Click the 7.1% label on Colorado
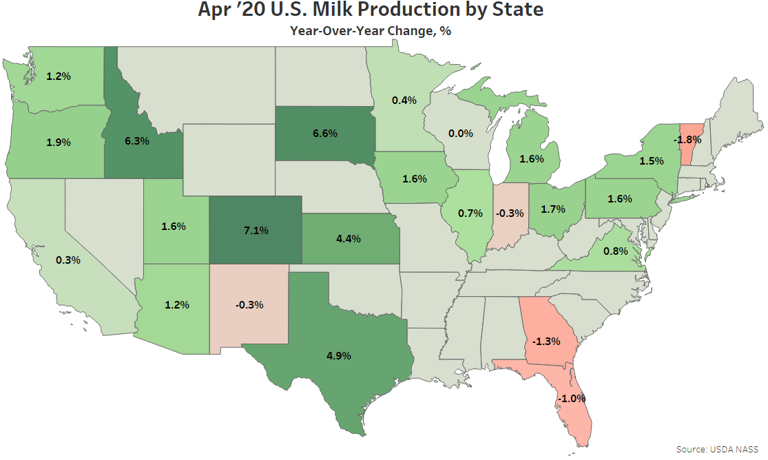(255, 229)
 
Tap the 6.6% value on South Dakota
(324, 134)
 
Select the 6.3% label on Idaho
(138, 140)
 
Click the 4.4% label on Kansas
(348, 238)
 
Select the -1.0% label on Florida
(572, 399)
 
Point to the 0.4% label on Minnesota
(404, 101)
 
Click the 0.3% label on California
(69, 260)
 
